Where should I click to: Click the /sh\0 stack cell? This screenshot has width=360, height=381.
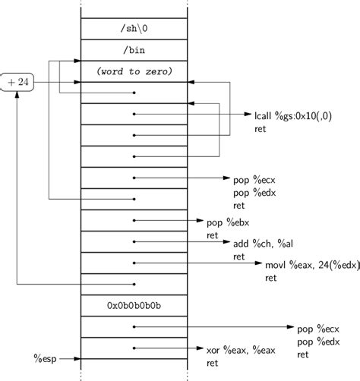[134, 29]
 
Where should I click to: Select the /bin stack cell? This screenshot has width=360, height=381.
[134, 50]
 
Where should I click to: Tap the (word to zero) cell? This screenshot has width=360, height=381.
[134, 71]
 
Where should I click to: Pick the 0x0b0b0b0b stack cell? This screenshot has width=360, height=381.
[134, 306]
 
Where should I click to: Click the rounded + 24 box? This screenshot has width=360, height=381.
[17, 81]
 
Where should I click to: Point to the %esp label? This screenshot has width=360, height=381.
[46, 357]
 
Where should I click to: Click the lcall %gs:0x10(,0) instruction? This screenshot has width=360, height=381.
[293, 116]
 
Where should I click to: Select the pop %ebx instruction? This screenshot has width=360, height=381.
[228, 223]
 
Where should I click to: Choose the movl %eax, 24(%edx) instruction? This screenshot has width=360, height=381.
[305, 266]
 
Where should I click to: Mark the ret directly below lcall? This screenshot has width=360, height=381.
[261, 129]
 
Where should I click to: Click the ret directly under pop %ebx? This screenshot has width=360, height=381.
[213, 235]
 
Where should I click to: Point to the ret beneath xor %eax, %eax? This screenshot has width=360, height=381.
[213, 363]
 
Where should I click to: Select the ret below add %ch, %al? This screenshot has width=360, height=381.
[239, 257]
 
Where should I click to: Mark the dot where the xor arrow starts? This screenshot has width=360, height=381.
[134, 349]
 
